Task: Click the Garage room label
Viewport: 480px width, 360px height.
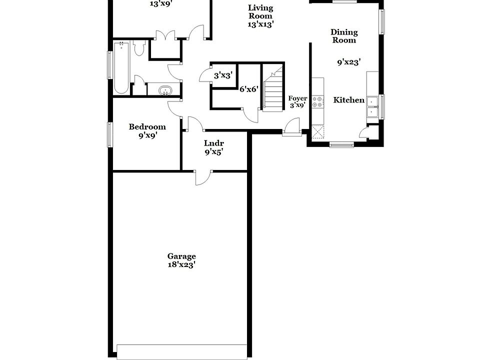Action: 181,256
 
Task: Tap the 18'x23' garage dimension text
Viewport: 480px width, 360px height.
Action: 181,265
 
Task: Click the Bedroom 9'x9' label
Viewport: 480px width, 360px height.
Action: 147,130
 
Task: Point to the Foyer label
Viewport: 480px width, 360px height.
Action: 297,98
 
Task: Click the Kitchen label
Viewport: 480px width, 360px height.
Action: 349,100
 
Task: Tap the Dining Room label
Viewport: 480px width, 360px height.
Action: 344,36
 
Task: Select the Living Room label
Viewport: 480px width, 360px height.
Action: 260,11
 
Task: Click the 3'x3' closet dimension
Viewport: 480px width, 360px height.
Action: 223,76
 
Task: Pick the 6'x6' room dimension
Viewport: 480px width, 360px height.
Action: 248,89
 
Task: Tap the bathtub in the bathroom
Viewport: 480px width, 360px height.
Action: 121,67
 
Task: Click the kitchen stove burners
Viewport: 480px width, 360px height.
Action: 317,102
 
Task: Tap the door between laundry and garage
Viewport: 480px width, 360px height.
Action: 202,177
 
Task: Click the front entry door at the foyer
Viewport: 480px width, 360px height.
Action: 290,127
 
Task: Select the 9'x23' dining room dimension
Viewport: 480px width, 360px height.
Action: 349,62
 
